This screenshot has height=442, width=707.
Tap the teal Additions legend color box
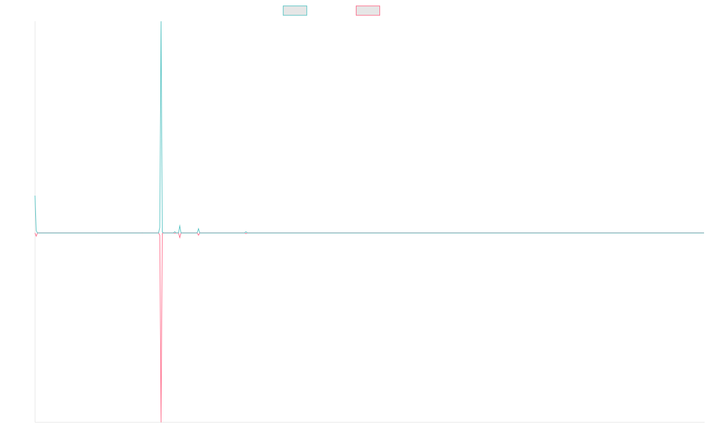[x=295, y=11]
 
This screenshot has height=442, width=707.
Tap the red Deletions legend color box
[x=368, y=11]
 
